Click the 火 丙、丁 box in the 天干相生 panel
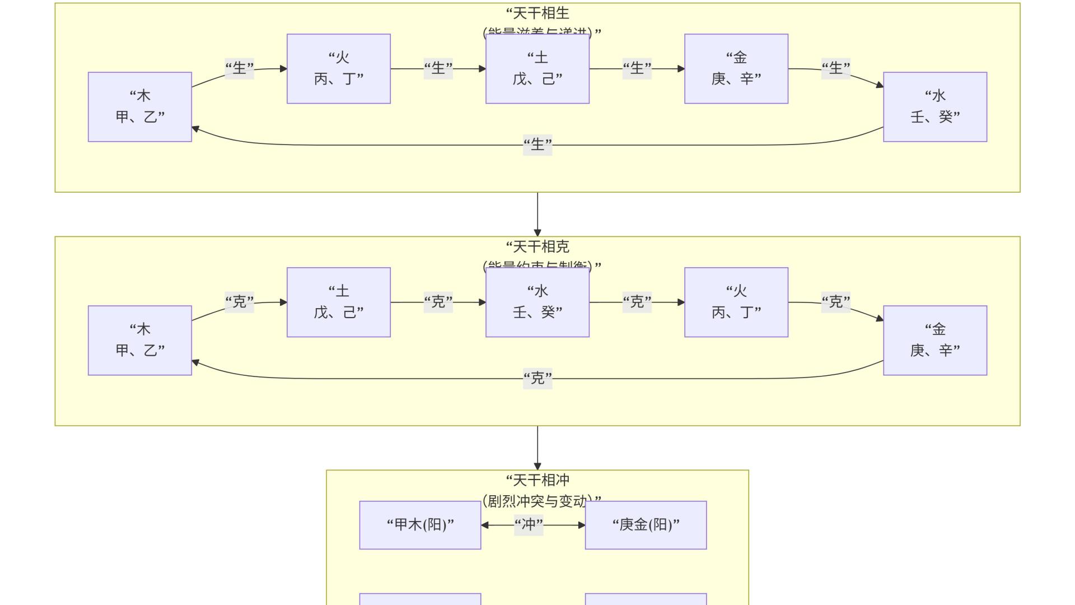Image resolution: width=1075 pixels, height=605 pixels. click(339, 68)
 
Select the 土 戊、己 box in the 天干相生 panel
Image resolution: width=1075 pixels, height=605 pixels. click(537, 68)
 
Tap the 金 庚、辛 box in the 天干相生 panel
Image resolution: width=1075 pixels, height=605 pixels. click(736, 68)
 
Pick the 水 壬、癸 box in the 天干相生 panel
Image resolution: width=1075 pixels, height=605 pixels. click(935, 106)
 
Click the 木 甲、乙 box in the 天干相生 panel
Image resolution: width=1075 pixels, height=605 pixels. click(140, 106)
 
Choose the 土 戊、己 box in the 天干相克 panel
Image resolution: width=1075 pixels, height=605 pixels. click(339, 302)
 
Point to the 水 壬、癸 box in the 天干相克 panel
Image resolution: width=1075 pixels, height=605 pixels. click(537, 302)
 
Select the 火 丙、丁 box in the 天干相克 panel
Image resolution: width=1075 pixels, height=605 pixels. click(736, 302)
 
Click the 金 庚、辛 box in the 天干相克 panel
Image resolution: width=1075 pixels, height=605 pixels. click(935, 340)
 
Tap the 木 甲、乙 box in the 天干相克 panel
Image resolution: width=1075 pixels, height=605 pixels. click(140, 340)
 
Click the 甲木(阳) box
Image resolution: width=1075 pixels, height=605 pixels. click(420, 525)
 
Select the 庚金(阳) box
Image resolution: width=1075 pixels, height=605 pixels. click(646, 525)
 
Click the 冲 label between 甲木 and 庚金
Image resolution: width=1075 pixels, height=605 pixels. click(529, 525)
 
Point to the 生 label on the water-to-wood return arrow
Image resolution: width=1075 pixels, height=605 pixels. click(537, 145)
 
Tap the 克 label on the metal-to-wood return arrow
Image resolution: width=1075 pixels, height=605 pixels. click(537, 379)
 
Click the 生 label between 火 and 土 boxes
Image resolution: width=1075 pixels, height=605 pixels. click(438, 68)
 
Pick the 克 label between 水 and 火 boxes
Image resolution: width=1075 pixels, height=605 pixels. click(637, 302)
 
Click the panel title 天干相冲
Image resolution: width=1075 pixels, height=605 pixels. click(537, 480)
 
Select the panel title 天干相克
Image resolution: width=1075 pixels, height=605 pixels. click(537, 246)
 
